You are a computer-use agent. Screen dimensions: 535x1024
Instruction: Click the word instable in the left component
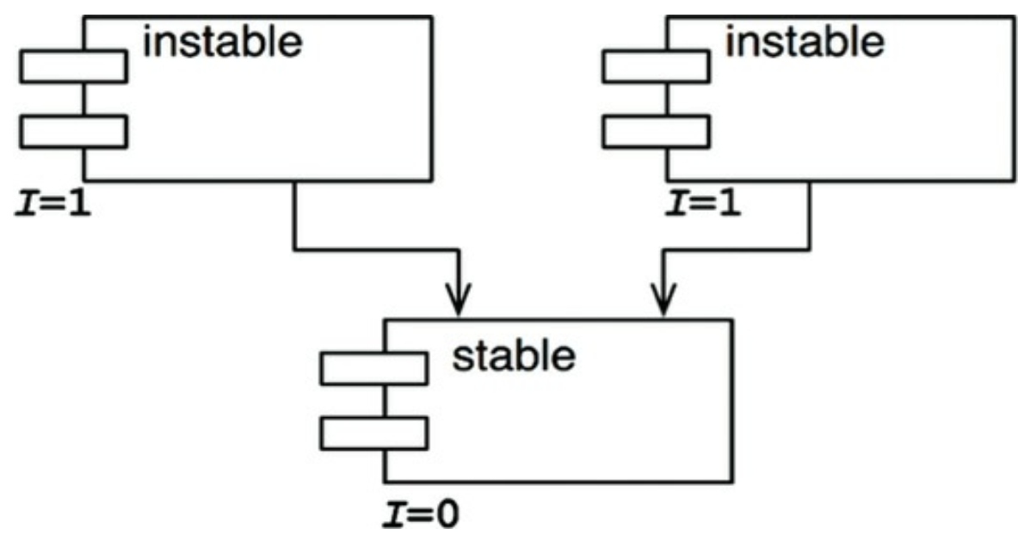pos(223,41)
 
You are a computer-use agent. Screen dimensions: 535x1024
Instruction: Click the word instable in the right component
pos(805,40)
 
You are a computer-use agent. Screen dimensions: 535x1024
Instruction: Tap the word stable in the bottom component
pos(514,355)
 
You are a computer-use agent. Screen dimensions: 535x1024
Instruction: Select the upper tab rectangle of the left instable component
pos(73,67)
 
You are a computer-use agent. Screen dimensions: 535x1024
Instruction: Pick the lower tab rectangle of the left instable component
pos(73,132)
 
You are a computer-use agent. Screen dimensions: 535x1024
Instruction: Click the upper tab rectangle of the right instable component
pos(656,67)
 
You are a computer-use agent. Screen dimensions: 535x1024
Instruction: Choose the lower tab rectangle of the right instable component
pos(656,132)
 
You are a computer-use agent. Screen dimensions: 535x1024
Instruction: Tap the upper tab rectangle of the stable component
pos(373,368)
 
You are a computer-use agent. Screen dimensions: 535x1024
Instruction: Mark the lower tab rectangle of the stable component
pos(373,433)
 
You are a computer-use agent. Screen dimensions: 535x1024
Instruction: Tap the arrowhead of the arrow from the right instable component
pos(663,305)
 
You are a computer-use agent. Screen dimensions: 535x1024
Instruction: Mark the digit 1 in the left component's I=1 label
pos(79,206)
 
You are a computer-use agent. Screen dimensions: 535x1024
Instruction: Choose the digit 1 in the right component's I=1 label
pos(728,206)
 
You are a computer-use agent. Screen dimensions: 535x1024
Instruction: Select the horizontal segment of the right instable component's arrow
pos(736,250)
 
